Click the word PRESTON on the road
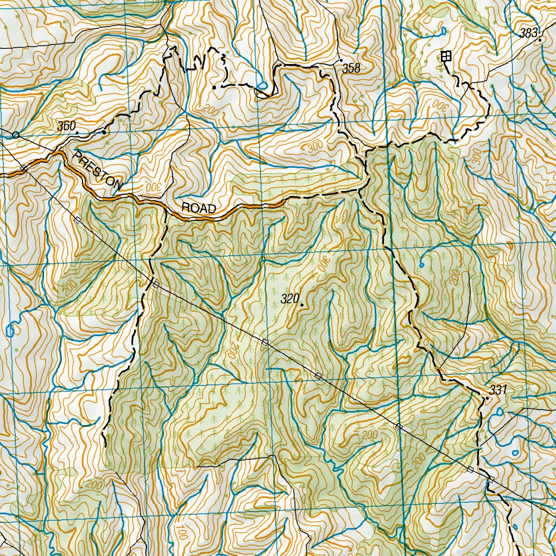(x=98, y=171)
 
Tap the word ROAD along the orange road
(x=198, y=208)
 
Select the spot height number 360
(x=66, y=126)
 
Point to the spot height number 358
(x=351, y=68)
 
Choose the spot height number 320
(x=290, y=299)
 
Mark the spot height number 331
(x=497, y=390)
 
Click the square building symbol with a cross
(x=446, y=55)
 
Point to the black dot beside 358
(x=340, y=60)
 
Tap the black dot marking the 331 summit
(x=487, y=398)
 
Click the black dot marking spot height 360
(x=77, y=132)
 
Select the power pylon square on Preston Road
(x=24, y=168)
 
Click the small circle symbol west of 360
(x=16, y=135)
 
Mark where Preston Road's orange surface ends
(x=285, y=201)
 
